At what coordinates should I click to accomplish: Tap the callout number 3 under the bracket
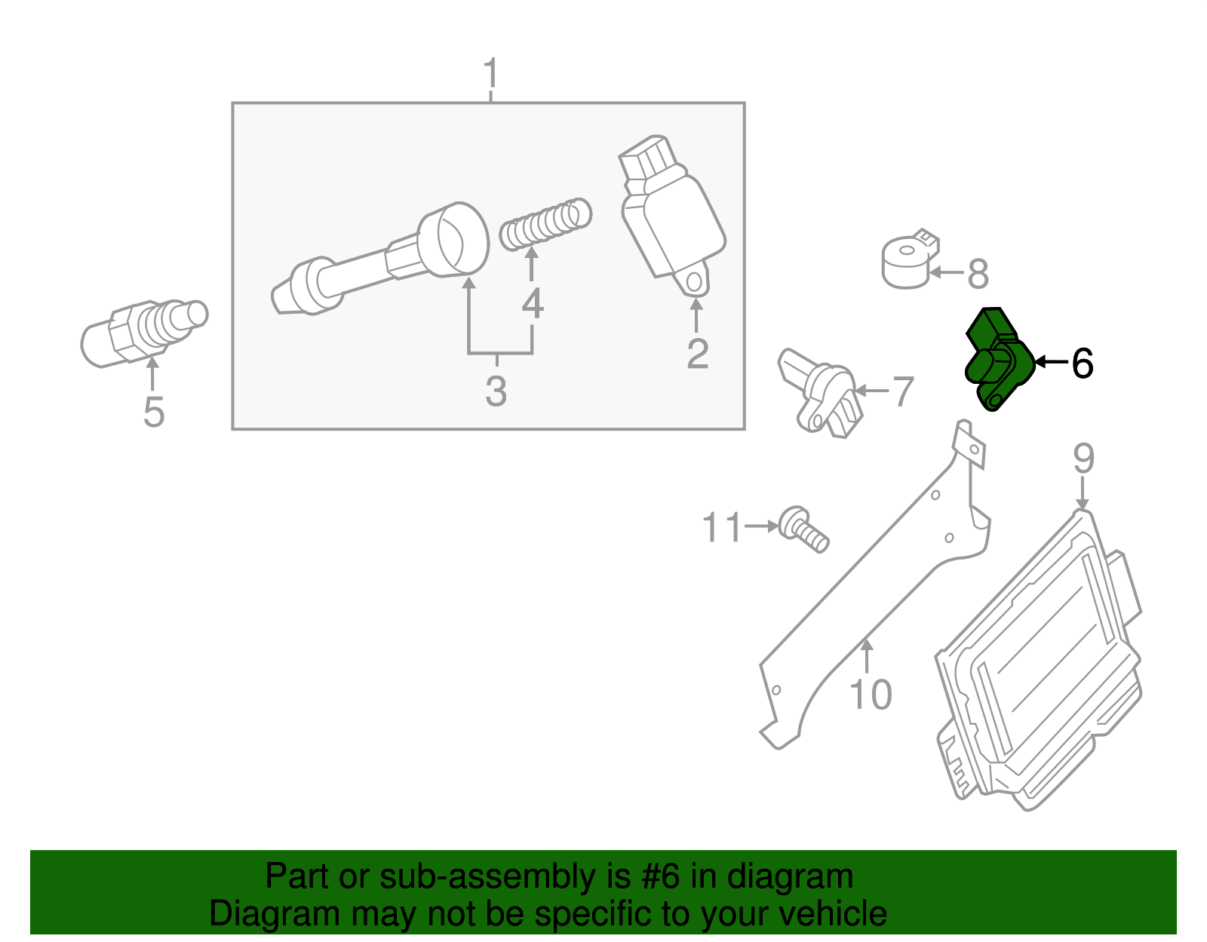click(496, 391)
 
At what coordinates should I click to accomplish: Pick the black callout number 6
click(1082, 364)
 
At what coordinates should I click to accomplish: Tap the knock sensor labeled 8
click(909, 261)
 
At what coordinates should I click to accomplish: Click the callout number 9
click(1083, 458)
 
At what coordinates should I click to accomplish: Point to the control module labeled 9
click(1041, 664)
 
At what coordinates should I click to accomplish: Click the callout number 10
click(871, 695)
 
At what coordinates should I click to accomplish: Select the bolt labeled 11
click(804, 529)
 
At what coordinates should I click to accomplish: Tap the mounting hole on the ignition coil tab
click(694, 281)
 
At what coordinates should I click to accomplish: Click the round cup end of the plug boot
click(453, 238)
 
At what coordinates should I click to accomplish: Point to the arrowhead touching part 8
click(935, 273)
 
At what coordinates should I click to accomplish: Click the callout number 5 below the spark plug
click(153, 413)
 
